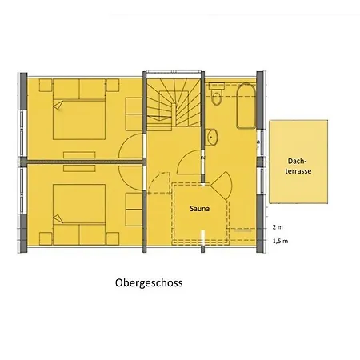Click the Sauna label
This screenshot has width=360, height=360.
pyautogui.click(x=199, y=209)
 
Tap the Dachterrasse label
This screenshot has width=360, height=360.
pyautogui.click(x=298, y=166)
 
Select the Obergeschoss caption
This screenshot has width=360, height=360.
pyautogui.click(x=149, y=283)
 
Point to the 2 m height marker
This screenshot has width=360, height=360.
pyautogui.click(x=278, y=227)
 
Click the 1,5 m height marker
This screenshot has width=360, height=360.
pyautogui.click(x=280, y=241)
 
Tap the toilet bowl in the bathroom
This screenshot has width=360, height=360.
pyautogui.click(x=216, y=94)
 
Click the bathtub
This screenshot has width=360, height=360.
pyautogui.click(x=246, y=106)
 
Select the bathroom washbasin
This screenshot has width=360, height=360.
pyautogui.click(x=212, y=138)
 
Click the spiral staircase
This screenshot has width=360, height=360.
pyautogui.click(x=174, y=104)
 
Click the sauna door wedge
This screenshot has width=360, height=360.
pyautogui.click(x=222, y=186)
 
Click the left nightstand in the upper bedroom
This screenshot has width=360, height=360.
pyautogui.click(x=46, y=86)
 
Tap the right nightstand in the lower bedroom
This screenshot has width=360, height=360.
pyautogui.click(x=113, y=238)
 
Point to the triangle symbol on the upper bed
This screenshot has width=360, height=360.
pyautogui.click(x=58, y=105)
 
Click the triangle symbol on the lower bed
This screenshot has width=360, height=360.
pyautogui.click(x=58, y=219)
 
